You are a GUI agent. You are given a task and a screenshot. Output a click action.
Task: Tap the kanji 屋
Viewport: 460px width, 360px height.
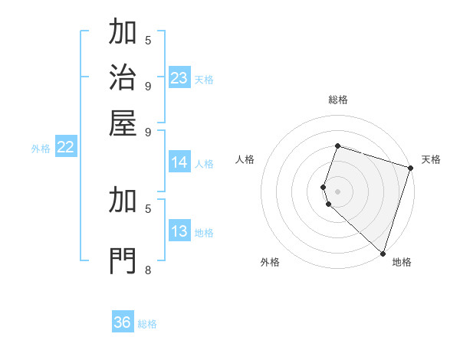tap(123, 123)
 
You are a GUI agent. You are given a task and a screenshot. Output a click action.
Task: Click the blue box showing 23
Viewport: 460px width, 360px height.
tap(179, 78)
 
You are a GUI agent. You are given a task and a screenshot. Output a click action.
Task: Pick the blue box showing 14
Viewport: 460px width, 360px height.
tap(179, 162)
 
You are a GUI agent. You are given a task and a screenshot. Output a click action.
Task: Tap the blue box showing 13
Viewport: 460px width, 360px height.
tap(179, 232)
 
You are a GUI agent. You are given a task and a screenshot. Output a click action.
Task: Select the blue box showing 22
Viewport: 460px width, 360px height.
tap(65, 148)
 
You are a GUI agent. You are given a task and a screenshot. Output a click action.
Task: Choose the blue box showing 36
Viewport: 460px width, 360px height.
tap(123, 322)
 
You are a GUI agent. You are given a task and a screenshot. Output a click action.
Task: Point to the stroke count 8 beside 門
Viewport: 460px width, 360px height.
tap(147, 270)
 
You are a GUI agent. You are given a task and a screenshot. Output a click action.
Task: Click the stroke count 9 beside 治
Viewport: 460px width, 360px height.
tap(147, 85)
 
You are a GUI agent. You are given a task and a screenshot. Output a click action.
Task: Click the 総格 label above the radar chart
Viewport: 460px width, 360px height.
tap(337, 100)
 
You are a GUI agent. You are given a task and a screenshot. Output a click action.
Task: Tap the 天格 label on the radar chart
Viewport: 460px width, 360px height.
tap(431, 159)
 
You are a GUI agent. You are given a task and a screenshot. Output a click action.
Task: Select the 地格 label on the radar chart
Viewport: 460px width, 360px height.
tap(402, 262)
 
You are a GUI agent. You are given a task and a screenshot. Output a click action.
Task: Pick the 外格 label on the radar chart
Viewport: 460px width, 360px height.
tap(270, 262)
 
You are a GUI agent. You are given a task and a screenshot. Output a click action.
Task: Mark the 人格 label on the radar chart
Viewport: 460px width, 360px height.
tap(245, 159)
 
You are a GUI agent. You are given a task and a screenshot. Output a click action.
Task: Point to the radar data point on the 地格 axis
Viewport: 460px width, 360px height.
tap(383, 254)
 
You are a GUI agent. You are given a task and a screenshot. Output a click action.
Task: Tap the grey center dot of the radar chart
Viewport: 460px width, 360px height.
tap(337, 191)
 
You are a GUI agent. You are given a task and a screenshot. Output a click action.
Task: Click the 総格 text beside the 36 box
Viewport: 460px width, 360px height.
tap(147, 324)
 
